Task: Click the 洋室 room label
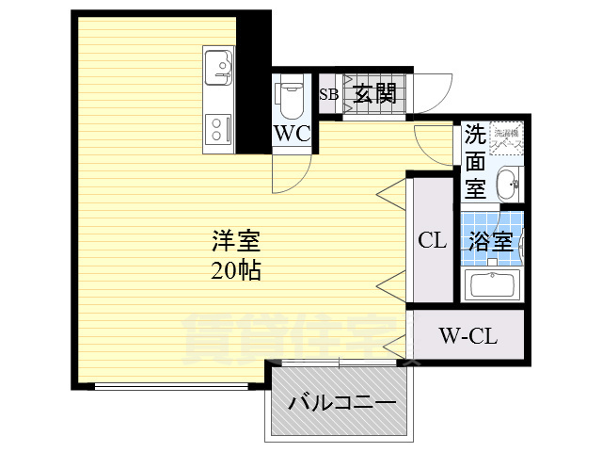pyautogui.click(x=235, y=240)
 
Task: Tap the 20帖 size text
pyautogui.click(x=235, y=271)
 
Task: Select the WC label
pyautogui.click(x=292, y=133)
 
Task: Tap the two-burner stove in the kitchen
pyautogui.click(x=218, y=128)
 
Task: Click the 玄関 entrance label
pyautogui.click(x=374, y=93)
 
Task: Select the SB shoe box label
pyautogui.click(x=329, y=93)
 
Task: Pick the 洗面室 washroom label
pyautogui.click(x=476, y=161)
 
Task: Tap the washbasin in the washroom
pyautogui.click(x=509, y=183)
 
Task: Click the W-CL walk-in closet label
pyautogui.click(x=467, y=334)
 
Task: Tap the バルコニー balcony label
pyautogui.click(x=341, y=403)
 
